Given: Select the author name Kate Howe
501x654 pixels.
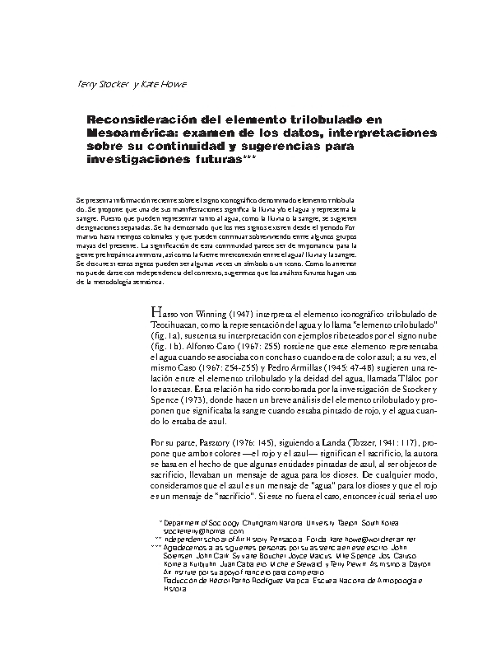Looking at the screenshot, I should click(x=164, y=83).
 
